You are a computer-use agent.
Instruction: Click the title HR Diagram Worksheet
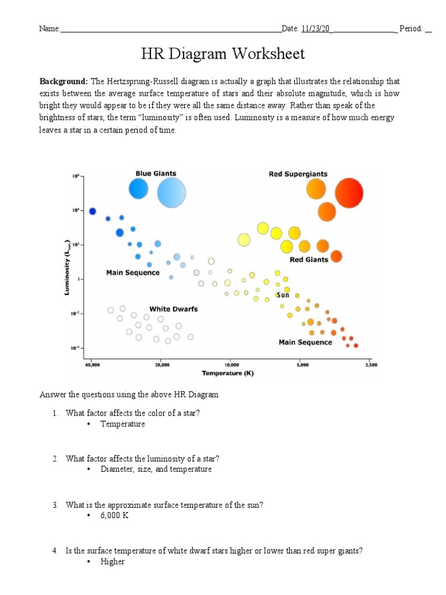pos(223,54)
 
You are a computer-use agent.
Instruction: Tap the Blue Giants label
pos(156,173)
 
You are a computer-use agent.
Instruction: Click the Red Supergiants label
pos(298,174)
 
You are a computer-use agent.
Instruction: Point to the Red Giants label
pos(308,260)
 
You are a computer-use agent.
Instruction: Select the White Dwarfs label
pos(173,309)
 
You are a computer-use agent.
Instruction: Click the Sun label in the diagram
pos(283,295)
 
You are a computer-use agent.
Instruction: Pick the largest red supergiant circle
pos(349,193)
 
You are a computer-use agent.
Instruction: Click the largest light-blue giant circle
pos(171,193)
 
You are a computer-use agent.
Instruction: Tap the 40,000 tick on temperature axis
pos(92,365)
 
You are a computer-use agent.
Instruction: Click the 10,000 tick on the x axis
pos(231,365)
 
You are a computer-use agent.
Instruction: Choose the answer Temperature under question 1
pos(123,424)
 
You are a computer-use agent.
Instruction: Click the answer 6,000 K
pos(114,516)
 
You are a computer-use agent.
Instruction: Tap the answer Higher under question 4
pos(113,562)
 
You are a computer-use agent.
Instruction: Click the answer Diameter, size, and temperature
pos(156,469)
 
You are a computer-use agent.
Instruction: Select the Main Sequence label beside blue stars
pos(132,273)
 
